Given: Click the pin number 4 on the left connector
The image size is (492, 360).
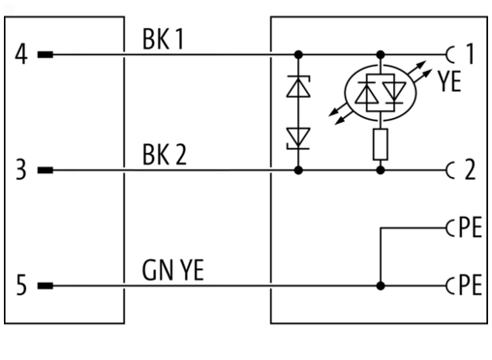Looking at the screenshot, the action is point(21,55).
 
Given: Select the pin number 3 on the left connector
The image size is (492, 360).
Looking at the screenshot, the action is point(21,170).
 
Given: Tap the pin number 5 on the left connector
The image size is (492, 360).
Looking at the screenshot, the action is point(21,285).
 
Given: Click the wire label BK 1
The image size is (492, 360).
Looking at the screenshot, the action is point(163,39).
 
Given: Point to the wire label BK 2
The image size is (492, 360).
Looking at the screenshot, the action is point(165,155).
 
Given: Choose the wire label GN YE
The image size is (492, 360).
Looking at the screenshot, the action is point(173,270).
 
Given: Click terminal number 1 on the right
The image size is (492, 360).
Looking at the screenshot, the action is point(470,53).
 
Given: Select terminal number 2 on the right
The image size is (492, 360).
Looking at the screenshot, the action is point(470,169).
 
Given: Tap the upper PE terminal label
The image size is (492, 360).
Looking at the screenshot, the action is point(471,227).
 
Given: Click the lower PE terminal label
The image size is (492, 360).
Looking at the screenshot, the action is point(471,285).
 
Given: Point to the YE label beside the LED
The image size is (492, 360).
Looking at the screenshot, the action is point(449,81).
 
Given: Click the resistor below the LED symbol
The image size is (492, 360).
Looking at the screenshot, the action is point(381,144).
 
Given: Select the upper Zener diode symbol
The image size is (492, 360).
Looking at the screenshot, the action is point(298,86).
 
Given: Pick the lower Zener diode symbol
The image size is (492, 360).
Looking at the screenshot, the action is point(298,138).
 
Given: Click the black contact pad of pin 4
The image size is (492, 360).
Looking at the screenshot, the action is point(46,55).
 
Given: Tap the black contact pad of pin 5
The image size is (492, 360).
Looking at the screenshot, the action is point(46,285).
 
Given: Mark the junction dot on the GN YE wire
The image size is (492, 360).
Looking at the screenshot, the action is point(381,285).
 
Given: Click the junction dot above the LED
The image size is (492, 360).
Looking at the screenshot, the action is point(381,55).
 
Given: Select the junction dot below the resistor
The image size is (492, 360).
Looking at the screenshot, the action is point(381,170).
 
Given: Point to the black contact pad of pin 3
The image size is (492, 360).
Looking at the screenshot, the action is point(46,170).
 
